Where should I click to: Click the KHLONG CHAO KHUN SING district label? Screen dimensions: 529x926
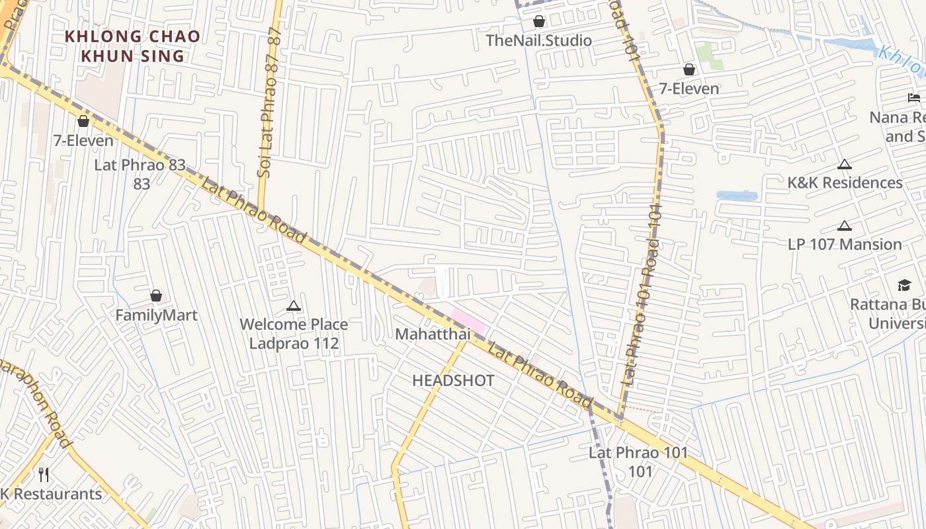coord(132,46)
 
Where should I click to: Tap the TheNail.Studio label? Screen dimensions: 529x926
coord(538,40)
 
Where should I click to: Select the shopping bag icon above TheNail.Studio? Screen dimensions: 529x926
coord(539,21)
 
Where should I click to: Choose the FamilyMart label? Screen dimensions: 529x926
coord(156,315)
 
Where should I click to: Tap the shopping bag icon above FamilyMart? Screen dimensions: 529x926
coord(156,296)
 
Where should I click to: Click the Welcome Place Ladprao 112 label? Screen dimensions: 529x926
coord(294,334)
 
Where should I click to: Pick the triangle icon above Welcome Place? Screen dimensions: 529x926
coord(294,305)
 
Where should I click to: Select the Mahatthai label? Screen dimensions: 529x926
coord(433,334)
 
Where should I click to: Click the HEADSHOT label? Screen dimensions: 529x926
coord(453,380)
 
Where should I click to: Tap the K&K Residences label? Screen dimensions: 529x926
coord(845,183)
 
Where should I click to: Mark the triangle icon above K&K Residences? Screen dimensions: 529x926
coord(844,164)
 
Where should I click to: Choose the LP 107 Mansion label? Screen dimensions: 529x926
coord(845,244)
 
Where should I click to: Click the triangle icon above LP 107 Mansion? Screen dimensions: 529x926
coord(844,225)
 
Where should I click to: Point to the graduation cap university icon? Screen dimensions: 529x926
coord(904,285)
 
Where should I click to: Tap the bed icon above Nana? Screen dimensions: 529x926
coord(914,98)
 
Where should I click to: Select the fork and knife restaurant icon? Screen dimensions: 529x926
coord(44,474)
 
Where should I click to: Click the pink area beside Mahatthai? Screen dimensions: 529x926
coord(469,320)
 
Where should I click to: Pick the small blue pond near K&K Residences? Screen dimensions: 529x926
coord(736,196)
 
